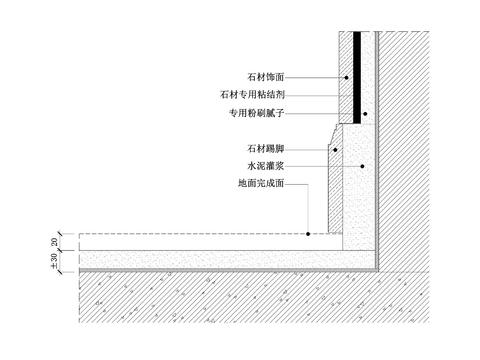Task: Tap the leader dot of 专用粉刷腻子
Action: [x=365, y=114]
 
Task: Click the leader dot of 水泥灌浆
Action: [x=362, y=166]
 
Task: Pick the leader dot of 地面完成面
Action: [x=309, y=234]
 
